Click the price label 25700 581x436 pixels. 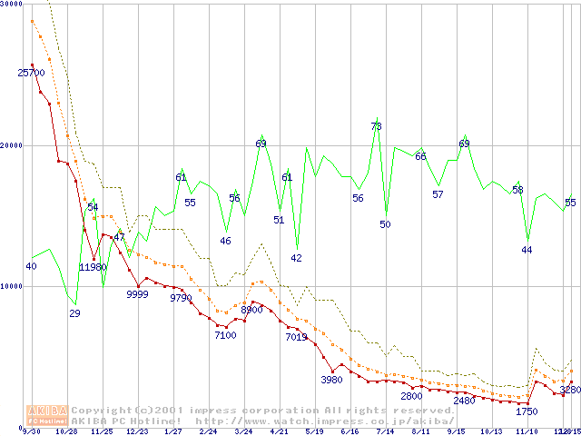pos(32,73)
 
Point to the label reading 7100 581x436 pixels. pos(225,335)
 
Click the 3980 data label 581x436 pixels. pos(331,380)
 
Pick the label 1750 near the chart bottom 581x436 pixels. pos(527,411)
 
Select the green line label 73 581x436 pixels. pos(376,126)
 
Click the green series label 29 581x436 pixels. pos(74,313)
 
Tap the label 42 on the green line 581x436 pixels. pos(296,258)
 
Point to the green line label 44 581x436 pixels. pos(527,250)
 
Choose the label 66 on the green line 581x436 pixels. pos(420,156)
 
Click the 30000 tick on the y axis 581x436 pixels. pos(12,5)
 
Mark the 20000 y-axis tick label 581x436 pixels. pos(12,145)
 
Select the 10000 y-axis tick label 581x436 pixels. pos(12,286)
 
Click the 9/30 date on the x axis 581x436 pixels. pos(32,431)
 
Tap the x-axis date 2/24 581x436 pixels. pos(208,431)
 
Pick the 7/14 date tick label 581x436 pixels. pos(385,431)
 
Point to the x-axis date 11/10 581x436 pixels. pos(527,431)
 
